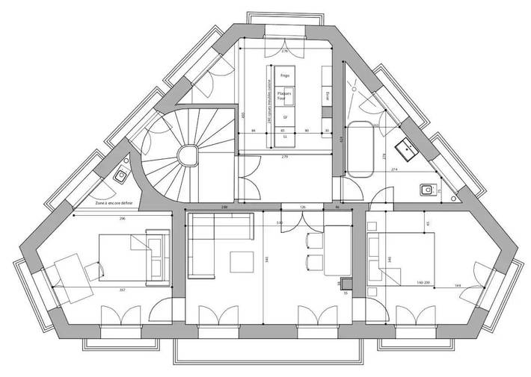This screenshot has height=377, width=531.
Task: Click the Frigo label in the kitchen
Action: (285, 76)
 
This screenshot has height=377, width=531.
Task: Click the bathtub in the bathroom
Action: (362, 148)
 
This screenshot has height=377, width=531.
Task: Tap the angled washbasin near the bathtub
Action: (408, 149)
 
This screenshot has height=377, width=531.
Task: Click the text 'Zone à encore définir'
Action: (115, 203)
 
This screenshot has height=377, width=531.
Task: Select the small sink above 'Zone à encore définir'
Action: (120, 177)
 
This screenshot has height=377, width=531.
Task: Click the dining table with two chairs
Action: (337, 250)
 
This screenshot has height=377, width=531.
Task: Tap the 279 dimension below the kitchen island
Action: (285, 158)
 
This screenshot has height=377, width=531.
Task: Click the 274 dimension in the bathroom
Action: (393, 172)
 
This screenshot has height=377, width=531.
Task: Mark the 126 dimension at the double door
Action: (303, 207)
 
